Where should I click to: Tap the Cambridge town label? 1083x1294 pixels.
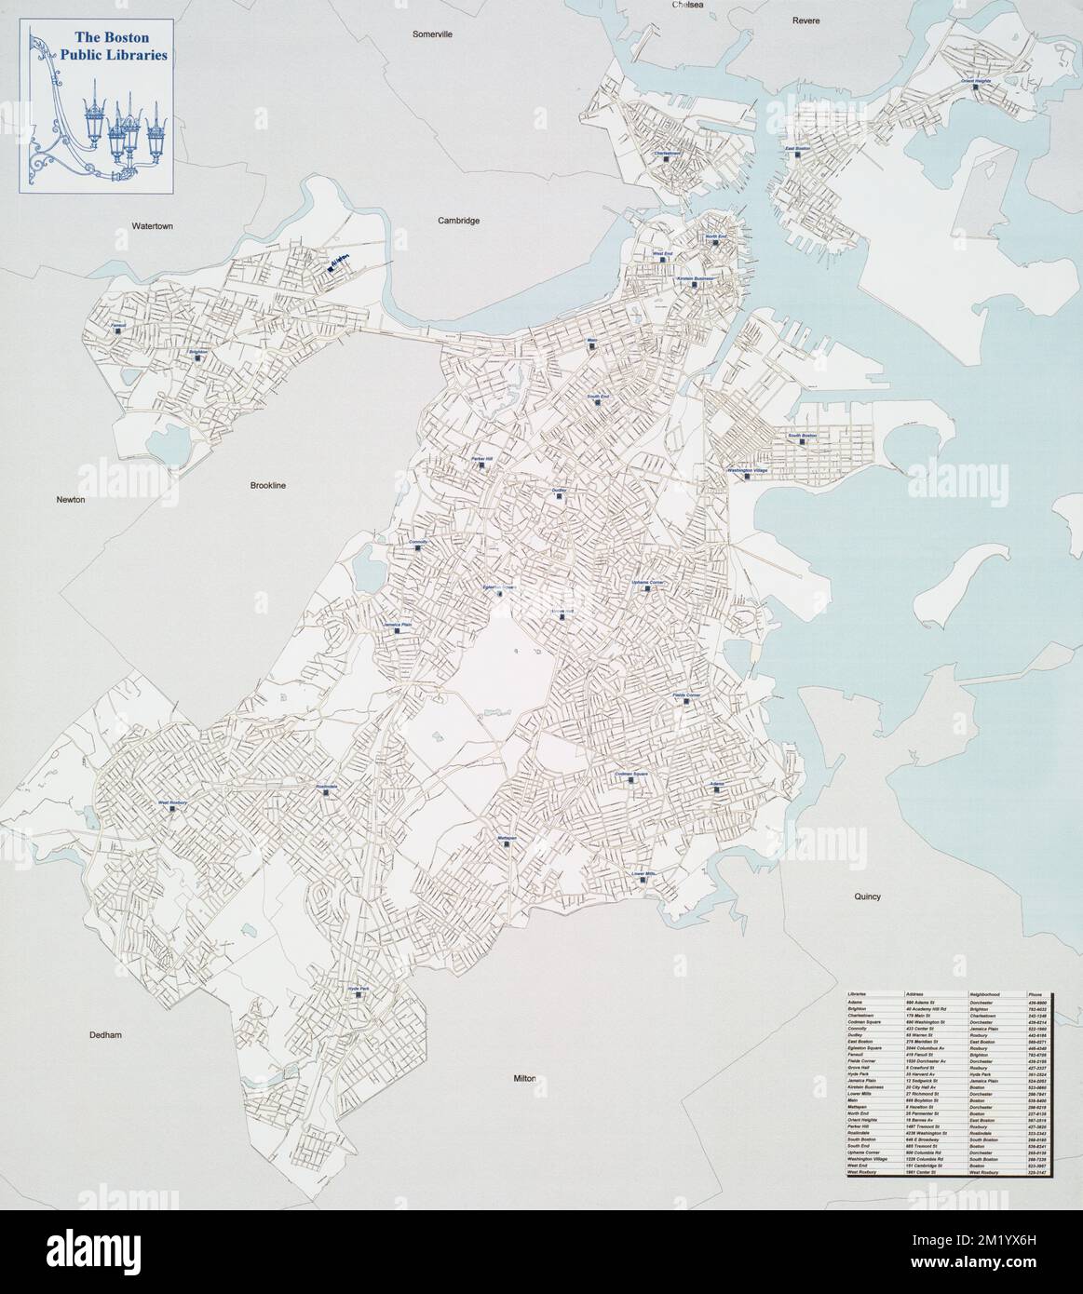(x=458, y=221)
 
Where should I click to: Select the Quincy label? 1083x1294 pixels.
(x=866, y=896)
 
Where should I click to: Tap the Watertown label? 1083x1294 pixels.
(x=153, y=225)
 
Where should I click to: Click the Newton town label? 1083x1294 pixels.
(x=70, y=500)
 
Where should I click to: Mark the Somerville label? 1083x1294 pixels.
(x=432, y=34)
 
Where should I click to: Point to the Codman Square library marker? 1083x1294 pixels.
(x=631, y=780)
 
